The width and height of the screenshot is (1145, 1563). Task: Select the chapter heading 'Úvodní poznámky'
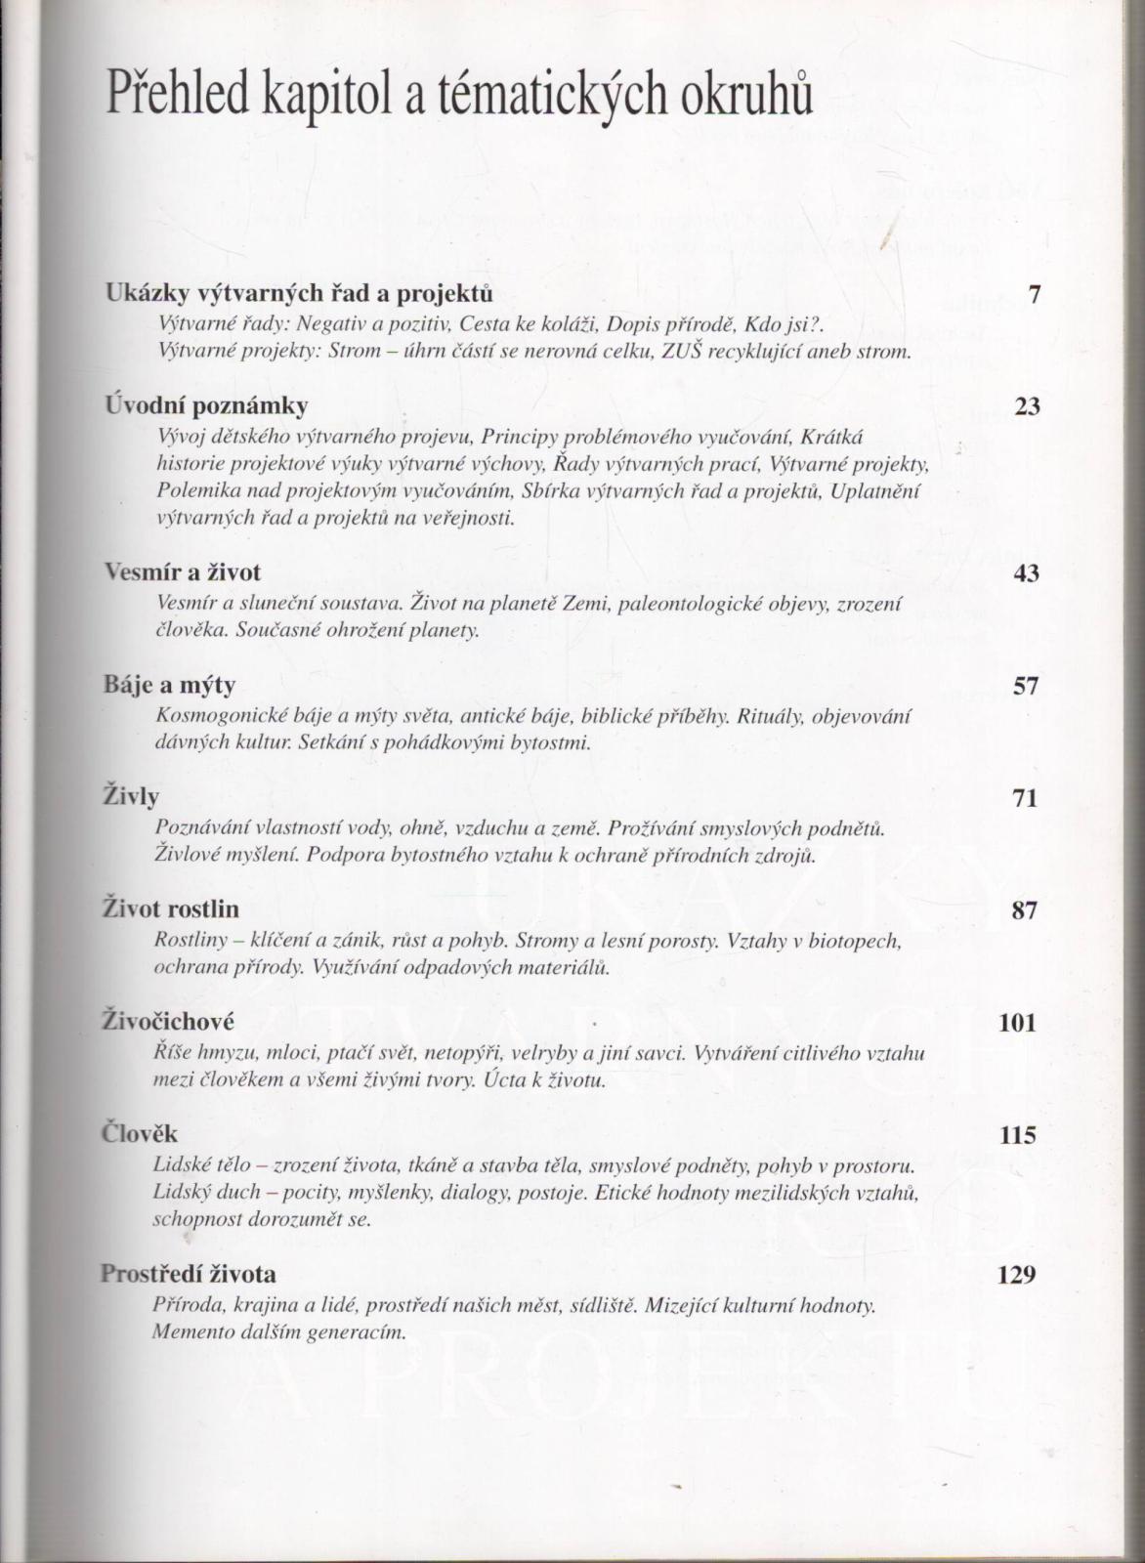tap(206, 405)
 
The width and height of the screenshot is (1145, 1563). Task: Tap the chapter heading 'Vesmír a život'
tap(183, 572)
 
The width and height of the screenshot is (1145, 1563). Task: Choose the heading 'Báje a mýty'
tap(170, 686)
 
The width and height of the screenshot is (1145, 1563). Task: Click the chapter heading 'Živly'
tap(131, 798)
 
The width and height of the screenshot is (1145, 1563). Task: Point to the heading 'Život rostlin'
tap(171, 910)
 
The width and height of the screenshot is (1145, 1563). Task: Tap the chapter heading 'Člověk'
tap(140, 1135)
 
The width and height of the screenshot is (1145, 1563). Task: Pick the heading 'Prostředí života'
tap(189, 1275)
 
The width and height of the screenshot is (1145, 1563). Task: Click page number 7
tap(1034, 293)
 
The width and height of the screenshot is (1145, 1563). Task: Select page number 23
tap(1027, 405)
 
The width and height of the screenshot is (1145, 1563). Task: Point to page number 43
tap(1026, 573)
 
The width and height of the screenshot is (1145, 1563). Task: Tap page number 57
tap(1025, 686)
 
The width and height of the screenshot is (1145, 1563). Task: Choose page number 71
tap(1024, 798)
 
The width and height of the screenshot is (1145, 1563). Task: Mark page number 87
tap(1023, 910)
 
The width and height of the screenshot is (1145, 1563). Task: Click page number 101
tap(1017, 1023)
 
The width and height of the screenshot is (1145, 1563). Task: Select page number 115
tap(1017, 1135)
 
